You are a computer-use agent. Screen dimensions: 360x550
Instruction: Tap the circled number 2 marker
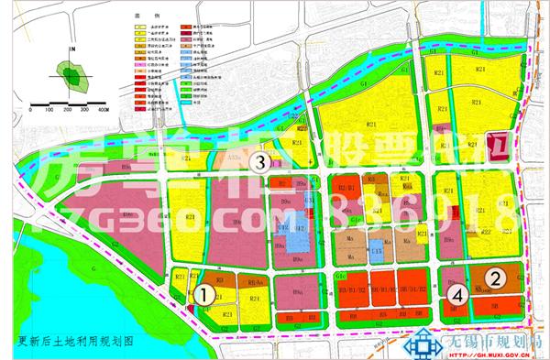[496, 278]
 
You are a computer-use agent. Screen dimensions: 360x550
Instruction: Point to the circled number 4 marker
[457, 295]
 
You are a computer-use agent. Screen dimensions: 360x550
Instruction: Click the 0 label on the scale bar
[27, 109]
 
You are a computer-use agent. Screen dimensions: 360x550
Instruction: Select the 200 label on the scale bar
[65, 109]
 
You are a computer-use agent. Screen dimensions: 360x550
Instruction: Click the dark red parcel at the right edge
[499, 147]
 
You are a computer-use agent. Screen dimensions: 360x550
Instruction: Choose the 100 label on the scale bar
[47, 109]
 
